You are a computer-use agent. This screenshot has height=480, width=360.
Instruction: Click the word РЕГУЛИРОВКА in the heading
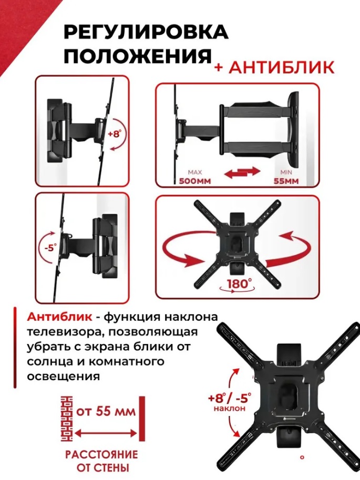coord(146,32)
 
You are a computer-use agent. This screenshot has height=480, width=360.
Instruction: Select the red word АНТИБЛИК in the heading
coord(282,67)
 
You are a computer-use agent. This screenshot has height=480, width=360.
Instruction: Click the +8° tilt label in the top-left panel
coord(115,134)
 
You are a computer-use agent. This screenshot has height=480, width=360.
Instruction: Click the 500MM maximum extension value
coord(195,181)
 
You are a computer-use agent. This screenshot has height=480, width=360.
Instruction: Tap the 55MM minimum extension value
coord(286,181)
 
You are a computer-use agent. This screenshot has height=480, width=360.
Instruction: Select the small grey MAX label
coord(195,173)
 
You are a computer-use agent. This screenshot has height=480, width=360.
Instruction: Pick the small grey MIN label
coord(286,173)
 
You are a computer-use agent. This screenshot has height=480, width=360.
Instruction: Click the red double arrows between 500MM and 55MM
coord(242,172)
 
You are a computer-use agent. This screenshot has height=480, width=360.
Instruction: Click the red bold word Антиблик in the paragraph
coord(59,317)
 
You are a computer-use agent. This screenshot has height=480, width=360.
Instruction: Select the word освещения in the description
coord(64,376)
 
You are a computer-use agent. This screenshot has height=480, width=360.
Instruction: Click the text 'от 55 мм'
coord(106,411)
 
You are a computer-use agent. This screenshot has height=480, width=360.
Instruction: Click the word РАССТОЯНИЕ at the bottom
coord(101,454)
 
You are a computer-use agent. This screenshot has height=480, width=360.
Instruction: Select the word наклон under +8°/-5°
coord(230,408)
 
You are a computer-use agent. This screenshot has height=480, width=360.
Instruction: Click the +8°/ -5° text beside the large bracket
coord(230,398)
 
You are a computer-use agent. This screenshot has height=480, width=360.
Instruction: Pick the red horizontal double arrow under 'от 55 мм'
coord(106,433)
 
